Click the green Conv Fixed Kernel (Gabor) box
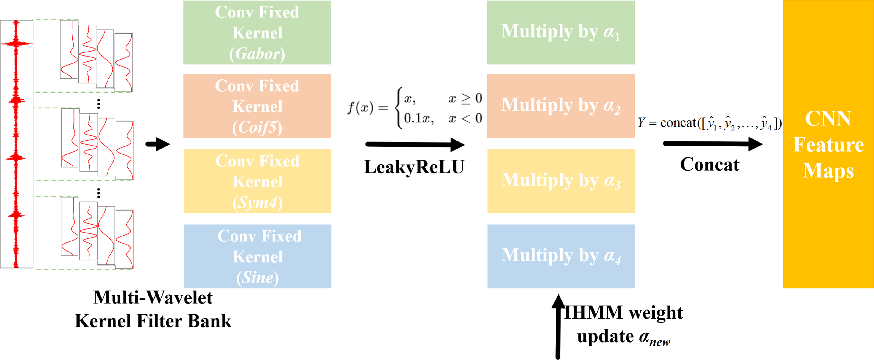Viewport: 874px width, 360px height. [x=257, y=33]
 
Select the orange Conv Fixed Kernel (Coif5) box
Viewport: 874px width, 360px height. [x=257, y=106]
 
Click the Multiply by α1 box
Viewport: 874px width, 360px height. [x=560, y=33]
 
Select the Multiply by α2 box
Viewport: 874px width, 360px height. [x=560, y=106]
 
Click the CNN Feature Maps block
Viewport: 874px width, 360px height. [x=828, y=144]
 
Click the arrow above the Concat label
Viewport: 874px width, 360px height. [x=712, y=144]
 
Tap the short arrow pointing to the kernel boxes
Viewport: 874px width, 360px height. [x=158, y=144]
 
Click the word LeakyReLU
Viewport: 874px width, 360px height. [x=414, y=167]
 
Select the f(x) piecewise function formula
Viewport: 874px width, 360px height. [x=415, y=108]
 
